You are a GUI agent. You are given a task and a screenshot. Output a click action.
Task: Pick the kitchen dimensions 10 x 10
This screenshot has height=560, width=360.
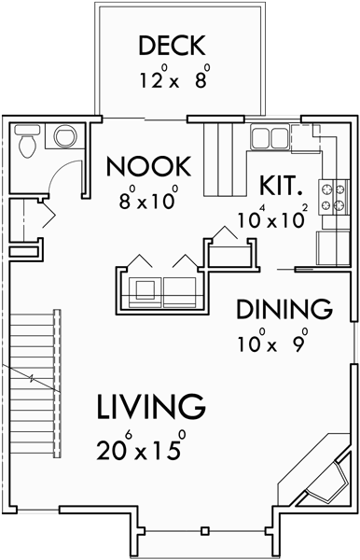270,220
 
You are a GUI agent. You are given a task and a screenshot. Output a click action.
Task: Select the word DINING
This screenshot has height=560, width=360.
284,309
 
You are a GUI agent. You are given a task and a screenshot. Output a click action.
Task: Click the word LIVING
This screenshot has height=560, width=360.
149,406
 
